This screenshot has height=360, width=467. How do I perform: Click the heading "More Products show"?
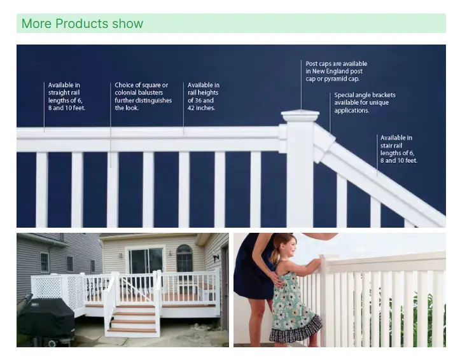[x=83, y=24]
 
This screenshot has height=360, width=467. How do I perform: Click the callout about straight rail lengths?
[x=66, y=97]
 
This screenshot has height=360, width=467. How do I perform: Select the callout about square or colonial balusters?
[x=141, y=97]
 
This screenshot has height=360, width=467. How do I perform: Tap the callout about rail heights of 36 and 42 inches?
[x=204, y=97]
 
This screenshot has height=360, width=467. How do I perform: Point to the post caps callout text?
[x=336, y=71]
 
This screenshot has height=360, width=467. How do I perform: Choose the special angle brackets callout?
[x=365, y=102]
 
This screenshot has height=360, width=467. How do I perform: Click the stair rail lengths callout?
[x=398, y=149]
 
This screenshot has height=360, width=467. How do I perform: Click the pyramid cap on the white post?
[x=300, y=115]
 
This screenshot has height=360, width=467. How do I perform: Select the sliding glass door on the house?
[x=146, y=261]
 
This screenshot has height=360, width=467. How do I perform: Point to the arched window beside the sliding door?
[x=185, y=258]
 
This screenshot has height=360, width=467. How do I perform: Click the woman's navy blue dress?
[x=253, y=273]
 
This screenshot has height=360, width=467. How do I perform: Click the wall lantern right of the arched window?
[x=216, y=258]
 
